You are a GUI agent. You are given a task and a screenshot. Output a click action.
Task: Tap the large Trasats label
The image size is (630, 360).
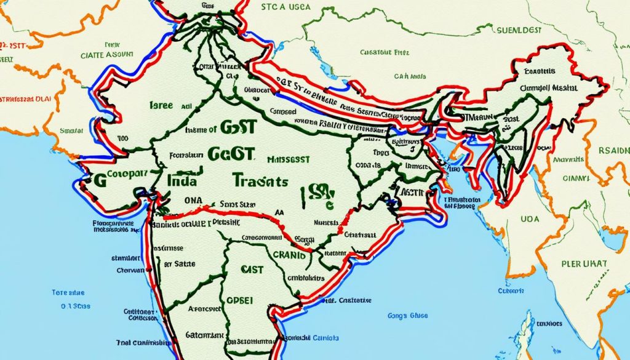pos(260,181)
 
